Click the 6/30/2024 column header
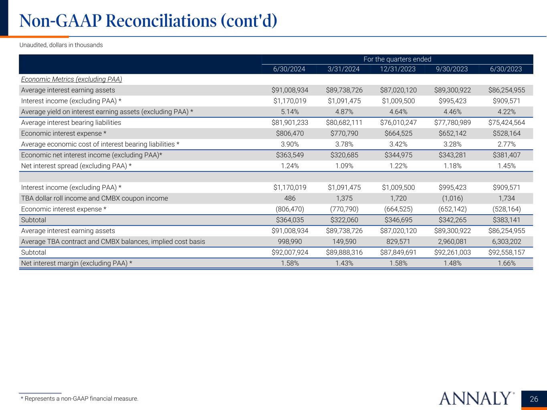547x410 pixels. click(x=289, y=69)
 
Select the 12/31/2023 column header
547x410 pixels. click(x=398, y=69)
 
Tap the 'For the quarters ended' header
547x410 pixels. click(x=397, y=59)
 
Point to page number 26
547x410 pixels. click(x=534, y=399)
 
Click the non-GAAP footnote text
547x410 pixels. click(x=79, y=399)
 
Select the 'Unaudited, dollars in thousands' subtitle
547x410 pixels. click(x=61, y=45)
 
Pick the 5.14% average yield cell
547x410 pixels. click(x=290, y=112)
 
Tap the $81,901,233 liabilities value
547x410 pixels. click(x=290, y=123)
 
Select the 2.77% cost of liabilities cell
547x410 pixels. click(x=507, y=144)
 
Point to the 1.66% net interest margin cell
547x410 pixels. click(x=507, y=263)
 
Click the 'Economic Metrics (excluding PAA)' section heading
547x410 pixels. click(x=71, y=79)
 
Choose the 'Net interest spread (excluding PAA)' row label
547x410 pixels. click(x=76, y=166)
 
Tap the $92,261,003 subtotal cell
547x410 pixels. click(x=452, y=252)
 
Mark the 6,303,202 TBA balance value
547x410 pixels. click(x=507, y=241)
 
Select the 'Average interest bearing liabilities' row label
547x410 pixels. click(x=71, y=123)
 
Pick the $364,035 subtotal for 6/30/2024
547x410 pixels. click(x=290, y=220)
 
